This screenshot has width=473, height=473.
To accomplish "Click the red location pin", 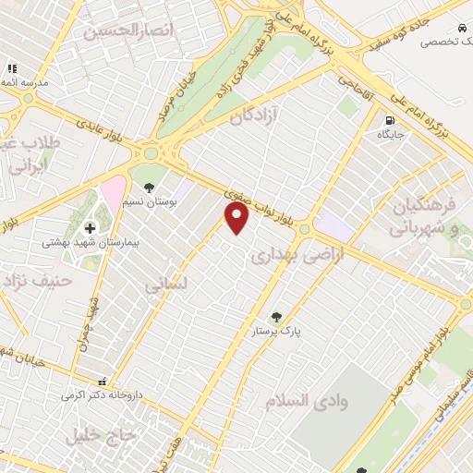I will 237,218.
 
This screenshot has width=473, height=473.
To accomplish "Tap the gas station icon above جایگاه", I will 390,119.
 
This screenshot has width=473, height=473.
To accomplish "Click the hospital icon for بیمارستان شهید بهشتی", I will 90,227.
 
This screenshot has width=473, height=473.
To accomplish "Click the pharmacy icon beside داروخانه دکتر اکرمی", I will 103,381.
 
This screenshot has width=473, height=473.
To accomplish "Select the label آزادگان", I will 253,117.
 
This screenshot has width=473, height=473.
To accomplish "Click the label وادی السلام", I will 300,402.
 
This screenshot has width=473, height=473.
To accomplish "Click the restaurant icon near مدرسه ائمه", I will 12,68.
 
